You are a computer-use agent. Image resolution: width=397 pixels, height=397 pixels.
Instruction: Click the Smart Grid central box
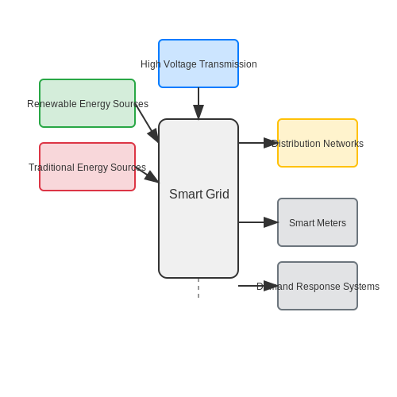(x=198, y=198)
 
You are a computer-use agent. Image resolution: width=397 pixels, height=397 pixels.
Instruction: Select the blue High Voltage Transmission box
(x=198, y=64)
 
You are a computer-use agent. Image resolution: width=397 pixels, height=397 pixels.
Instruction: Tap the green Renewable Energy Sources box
(x=87, y=103)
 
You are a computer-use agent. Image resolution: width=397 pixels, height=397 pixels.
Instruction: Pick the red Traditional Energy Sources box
(x=87, y=167)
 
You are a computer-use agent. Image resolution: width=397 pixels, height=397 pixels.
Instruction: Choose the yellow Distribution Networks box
(x=318, y=143)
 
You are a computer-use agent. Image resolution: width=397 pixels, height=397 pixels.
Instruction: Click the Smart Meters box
(x=318, y=222)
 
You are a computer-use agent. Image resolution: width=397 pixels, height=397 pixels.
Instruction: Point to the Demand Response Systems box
(x=318, y=286)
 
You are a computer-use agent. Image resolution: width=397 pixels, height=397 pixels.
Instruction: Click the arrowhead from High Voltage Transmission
(x=198, y=112)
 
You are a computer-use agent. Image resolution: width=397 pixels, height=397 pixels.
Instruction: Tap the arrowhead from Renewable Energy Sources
(x=153, y=136)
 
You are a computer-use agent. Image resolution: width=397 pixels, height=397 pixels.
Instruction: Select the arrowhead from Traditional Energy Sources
(x=152, y=177)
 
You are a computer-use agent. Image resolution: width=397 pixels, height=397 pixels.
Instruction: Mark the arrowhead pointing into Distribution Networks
(x=271, y=143)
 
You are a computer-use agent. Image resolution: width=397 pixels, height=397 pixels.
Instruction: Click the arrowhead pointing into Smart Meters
(x=271, y=222)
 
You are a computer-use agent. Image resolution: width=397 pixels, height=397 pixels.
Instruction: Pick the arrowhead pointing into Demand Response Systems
(x=271, y=286)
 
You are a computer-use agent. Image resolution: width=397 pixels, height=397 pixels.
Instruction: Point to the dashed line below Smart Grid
(x=198, y=288)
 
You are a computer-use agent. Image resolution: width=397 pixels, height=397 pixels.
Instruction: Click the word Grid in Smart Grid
(x=218, y=194)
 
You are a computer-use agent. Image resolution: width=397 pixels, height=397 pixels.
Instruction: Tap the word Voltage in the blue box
(x=180, y=64)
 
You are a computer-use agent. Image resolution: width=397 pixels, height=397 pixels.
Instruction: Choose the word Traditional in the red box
(x=52, y=168)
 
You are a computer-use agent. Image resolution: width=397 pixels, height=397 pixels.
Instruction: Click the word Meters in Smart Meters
(x=333, y=223)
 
